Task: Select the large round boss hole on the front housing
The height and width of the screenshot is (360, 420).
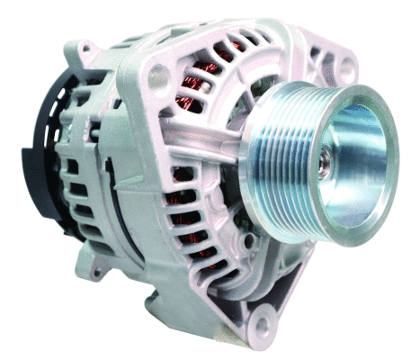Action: [156, 77]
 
